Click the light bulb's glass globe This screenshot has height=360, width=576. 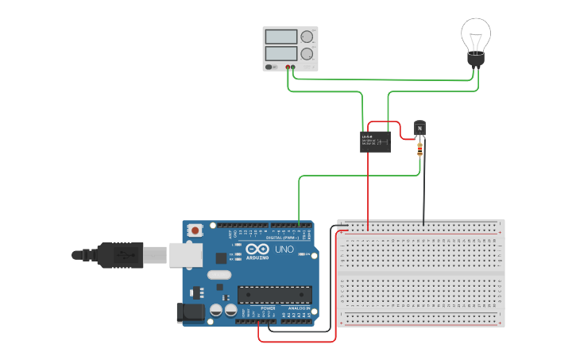pos(476,36)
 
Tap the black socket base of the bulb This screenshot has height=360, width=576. pos(475,60)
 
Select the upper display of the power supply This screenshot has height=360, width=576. pos(280,37)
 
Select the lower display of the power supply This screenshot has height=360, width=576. pos(280,53)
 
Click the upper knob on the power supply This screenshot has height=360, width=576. pos(306,37)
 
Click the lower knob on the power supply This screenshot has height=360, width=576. pos(306,53)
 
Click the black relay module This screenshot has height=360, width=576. pos(376,141)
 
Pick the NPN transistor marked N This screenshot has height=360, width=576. pos(419,128)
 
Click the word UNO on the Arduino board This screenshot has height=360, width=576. pos(284,250)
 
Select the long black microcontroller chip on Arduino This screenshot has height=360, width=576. pos(275,294)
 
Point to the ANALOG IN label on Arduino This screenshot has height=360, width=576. pos(300,308)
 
